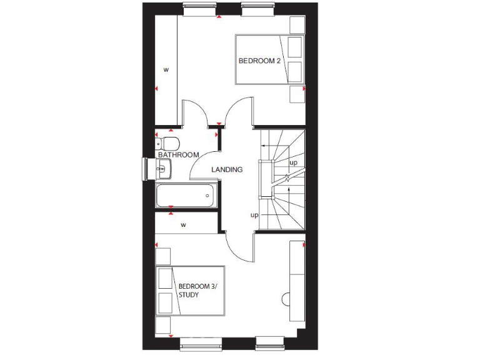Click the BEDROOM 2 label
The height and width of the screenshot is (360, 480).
tap(259, 61)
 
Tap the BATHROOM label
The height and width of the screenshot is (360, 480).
tap(178, 154)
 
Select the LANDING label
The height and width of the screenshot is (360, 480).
tap(227, 169)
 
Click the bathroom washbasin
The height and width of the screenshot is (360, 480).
tap(164, 167)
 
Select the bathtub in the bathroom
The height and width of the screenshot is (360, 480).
tap(186, 196)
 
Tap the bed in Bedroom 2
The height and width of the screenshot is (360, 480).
tap(269, 59)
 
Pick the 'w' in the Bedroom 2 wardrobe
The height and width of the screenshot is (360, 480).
tap(166, 69)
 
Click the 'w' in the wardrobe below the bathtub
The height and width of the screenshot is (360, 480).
tap(184, 224)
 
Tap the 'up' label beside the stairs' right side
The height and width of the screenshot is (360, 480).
tap(293, 162)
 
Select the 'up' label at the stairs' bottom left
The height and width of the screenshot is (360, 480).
tap(254, 215)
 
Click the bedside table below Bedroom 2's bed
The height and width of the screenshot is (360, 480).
tap(296, 94)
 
